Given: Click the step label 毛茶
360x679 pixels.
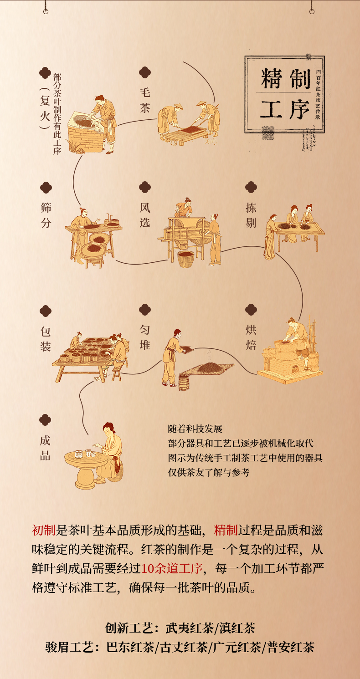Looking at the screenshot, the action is [144, 100].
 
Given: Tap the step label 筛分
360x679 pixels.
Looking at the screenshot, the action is [46, 215].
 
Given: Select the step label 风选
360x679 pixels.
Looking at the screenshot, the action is [144, 215].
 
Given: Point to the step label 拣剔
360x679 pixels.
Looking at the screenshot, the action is [251, 215].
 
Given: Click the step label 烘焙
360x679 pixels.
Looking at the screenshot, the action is [251, 337].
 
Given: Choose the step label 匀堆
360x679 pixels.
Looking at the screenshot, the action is [144, 337].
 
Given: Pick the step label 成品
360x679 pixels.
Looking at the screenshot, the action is [45, 448].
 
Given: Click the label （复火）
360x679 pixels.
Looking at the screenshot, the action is [44, 108].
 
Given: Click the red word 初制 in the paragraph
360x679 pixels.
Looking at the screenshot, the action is [43, 530].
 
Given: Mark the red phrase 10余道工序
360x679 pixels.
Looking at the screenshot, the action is [171, 568].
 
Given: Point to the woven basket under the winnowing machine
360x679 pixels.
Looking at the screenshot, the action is [186, 259].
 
